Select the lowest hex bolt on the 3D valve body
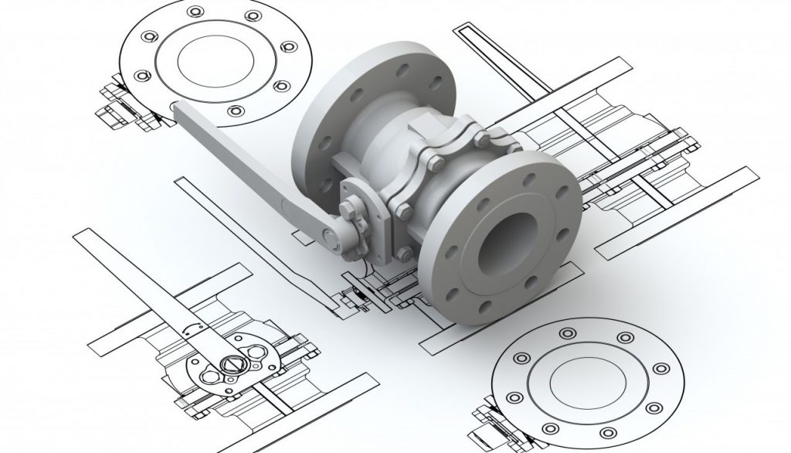pos(401,253)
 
